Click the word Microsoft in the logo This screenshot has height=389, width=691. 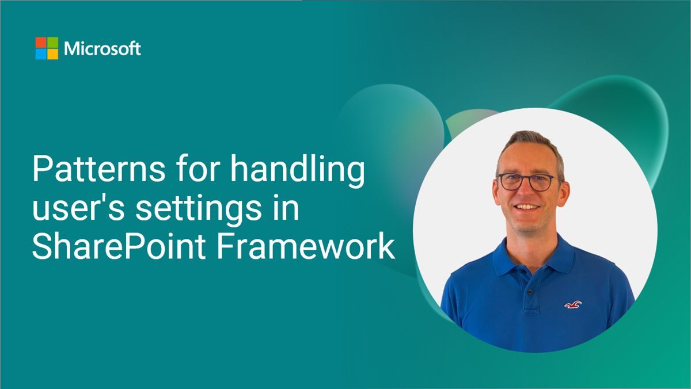pyautogui.click(x=102, y=49)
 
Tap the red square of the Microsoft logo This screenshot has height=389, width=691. pyautogui.click(x=41, y=43)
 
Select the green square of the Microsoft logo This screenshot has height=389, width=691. pyautogui.click(x=52, y=43)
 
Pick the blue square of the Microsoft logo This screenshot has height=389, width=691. pyautogui.click(x=41, y=54)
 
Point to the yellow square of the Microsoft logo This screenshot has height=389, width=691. pyautogui.click(x=52, y=54)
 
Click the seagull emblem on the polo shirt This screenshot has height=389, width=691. pyautogui.click(x=573, y=303)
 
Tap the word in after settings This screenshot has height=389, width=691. pyautogui.click(x=286, y=209)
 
